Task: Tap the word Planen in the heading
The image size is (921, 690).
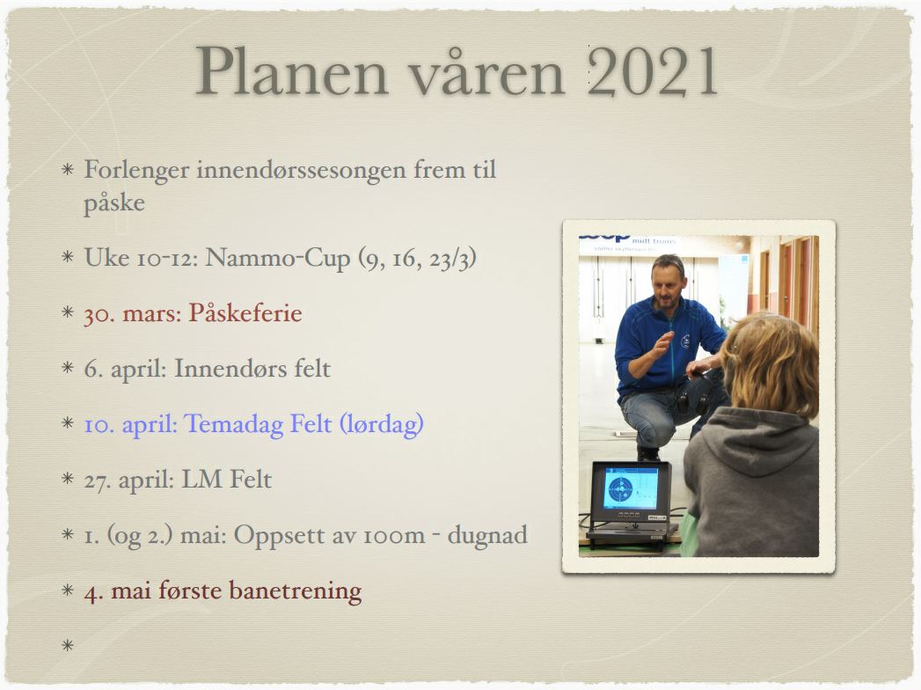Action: pos(291,71)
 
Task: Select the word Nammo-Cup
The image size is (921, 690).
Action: pos(277,257)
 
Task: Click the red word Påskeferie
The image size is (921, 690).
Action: pos(245,313)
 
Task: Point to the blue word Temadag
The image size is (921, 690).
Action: pos(234,424)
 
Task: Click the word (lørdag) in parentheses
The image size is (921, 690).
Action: pos(382,424)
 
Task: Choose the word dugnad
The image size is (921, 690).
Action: pos(487,535)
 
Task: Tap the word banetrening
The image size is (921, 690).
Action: pos(295,591)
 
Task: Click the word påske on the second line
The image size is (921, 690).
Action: pos(114,203)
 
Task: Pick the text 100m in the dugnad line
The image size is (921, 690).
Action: pos(393,536)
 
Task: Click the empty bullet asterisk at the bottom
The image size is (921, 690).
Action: pos(68,646)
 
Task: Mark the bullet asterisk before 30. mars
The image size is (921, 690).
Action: pos(68,312)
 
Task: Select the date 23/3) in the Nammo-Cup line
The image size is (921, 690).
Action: pos(452,257)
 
